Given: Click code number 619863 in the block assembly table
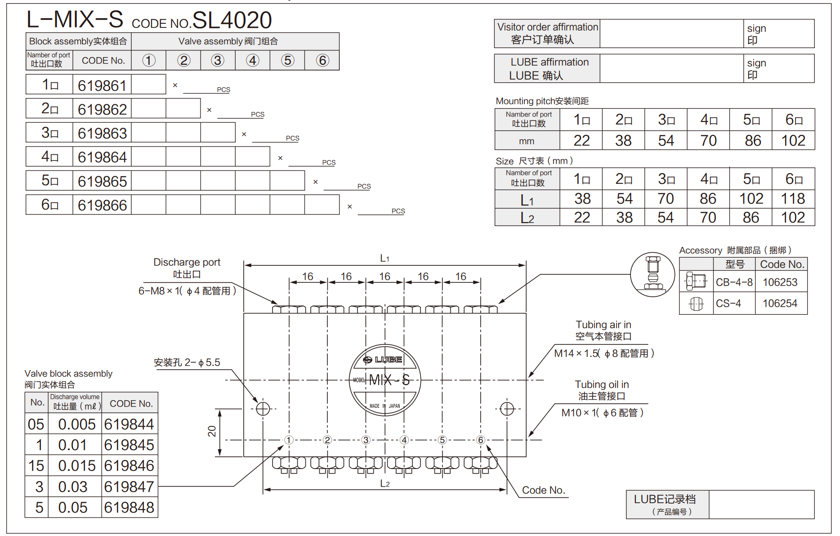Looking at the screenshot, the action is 102,133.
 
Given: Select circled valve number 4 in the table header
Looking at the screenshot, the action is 253,60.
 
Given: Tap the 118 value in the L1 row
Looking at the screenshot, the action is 793,198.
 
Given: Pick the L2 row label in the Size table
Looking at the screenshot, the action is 527,218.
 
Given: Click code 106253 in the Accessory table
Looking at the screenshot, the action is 780,282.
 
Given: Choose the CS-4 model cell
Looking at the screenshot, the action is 728,304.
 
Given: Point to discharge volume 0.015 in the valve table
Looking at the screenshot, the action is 77,466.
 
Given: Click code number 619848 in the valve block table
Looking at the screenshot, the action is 129,507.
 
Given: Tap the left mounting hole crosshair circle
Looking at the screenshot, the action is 263,409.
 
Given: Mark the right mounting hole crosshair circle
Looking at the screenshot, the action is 507,409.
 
